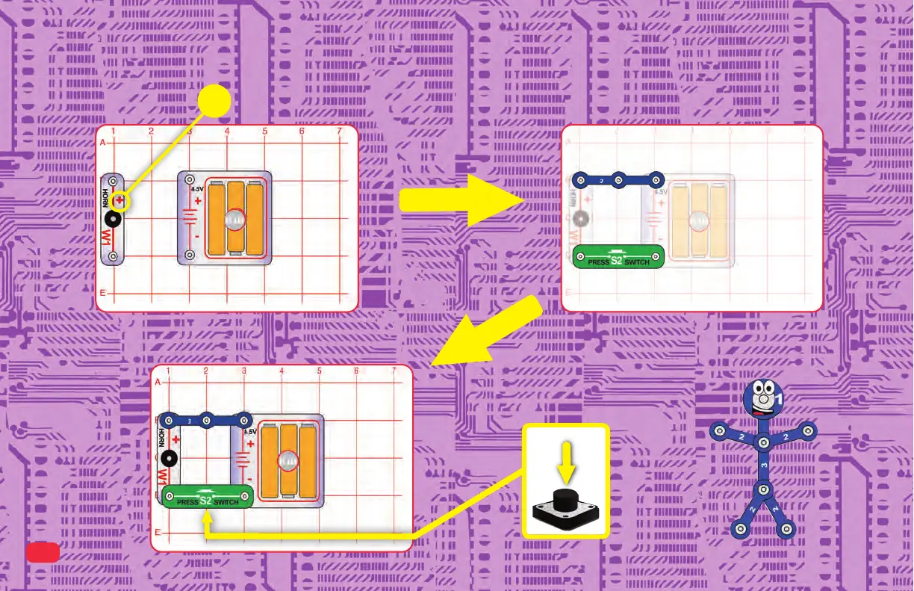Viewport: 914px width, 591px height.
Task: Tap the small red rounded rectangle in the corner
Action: [x=43, y=551]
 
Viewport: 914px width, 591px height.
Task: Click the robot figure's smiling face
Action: [x=761, y=400]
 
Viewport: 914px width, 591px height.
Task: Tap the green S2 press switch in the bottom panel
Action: [x=207, y=496]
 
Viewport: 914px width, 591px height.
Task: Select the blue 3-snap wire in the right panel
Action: [x=618, y=179]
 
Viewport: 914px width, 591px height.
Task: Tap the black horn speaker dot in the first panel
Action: [x=113, y=219]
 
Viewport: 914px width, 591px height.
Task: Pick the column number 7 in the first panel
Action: [x=340, y=132]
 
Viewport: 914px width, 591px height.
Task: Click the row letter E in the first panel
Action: [x=103, y=293]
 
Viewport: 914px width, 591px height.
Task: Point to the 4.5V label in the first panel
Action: [x=197, y=189]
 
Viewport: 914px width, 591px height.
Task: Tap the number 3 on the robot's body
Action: [x=762, y=465]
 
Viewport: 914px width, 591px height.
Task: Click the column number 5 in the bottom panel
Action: [x=320, y=371]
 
